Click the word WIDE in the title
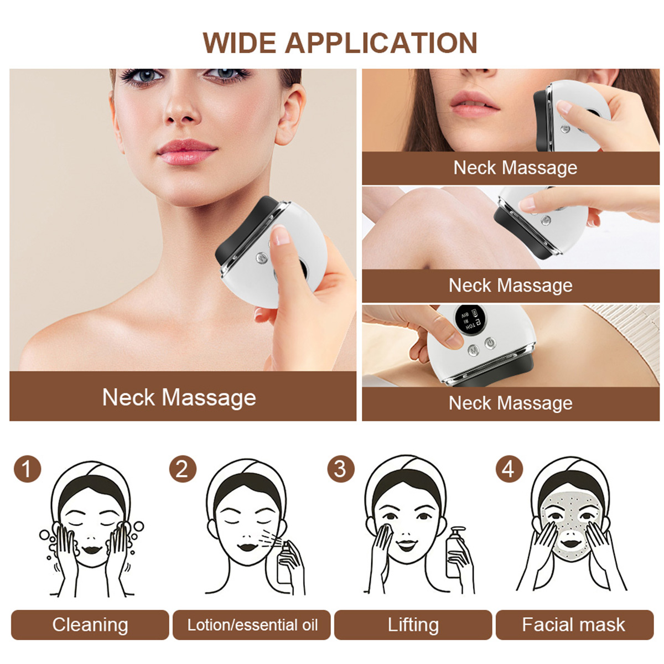pos(239,43)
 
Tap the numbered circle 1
pos(27,469)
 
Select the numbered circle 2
pos(183,469)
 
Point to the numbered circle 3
pos(340,469)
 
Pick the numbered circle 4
pos(509,469)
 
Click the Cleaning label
pos(90,625)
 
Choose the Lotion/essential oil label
pos(252,625)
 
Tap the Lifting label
pos(413,625)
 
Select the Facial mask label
pos(574,625)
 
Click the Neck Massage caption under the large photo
pos(179,397)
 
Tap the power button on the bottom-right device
pos(490,344)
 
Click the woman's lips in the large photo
pos(186,152)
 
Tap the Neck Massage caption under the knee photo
pos(510,286)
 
